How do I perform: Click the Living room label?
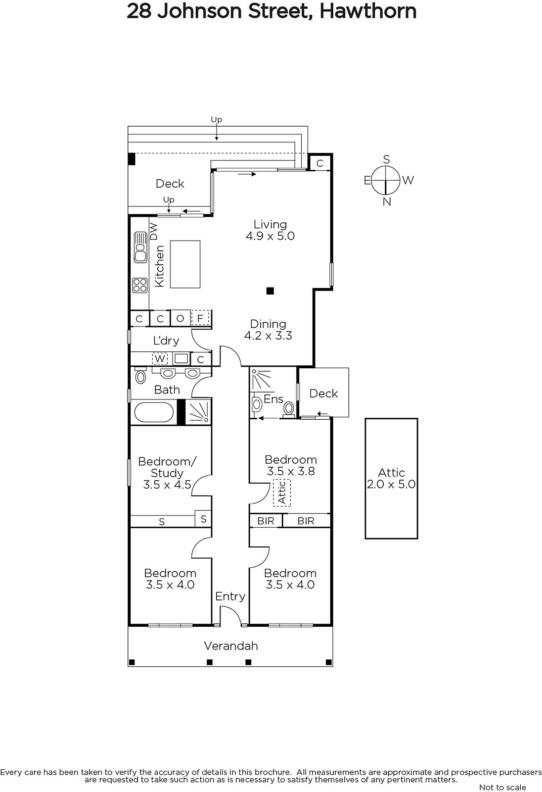[x=271, y=230]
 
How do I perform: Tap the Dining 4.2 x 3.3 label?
[x=268, y=330]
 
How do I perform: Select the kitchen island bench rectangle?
[x=185, y=264]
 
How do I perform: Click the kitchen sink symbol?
[x=140, y=247]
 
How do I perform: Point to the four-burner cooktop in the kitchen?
[x=140, y=285]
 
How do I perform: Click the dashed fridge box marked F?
[x=200, y=318]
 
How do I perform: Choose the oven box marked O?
[x=180, y=318]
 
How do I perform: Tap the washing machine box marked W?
[x=160, y=359]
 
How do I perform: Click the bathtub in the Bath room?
[x=154, y=412]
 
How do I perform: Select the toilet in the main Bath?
[x=140, y=376]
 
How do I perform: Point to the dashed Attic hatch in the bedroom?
[x=281, y=493]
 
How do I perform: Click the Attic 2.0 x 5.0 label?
[x=391, y=478]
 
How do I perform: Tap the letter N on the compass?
[x=387, y=202]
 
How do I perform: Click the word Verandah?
[x=231, y=646]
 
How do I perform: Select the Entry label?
[x=230, y=596]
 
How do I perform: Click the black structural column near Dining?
[x=271, y=291]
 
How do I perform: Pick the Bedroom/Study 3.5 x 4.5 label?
[x=167, y=473]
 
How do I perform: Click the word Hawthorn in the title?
[x=368, y=11]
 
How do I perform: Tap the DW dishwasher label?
[x=154, y=232]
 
